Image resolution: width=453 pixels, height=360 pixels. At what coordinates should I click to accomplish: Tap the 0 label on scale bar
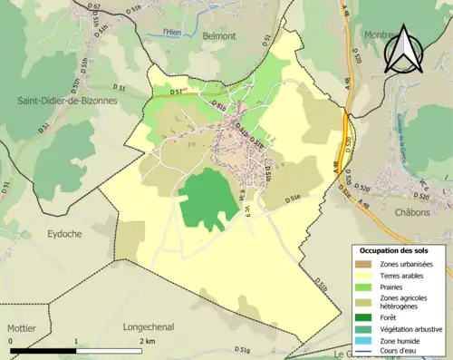tap(12, 341)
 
